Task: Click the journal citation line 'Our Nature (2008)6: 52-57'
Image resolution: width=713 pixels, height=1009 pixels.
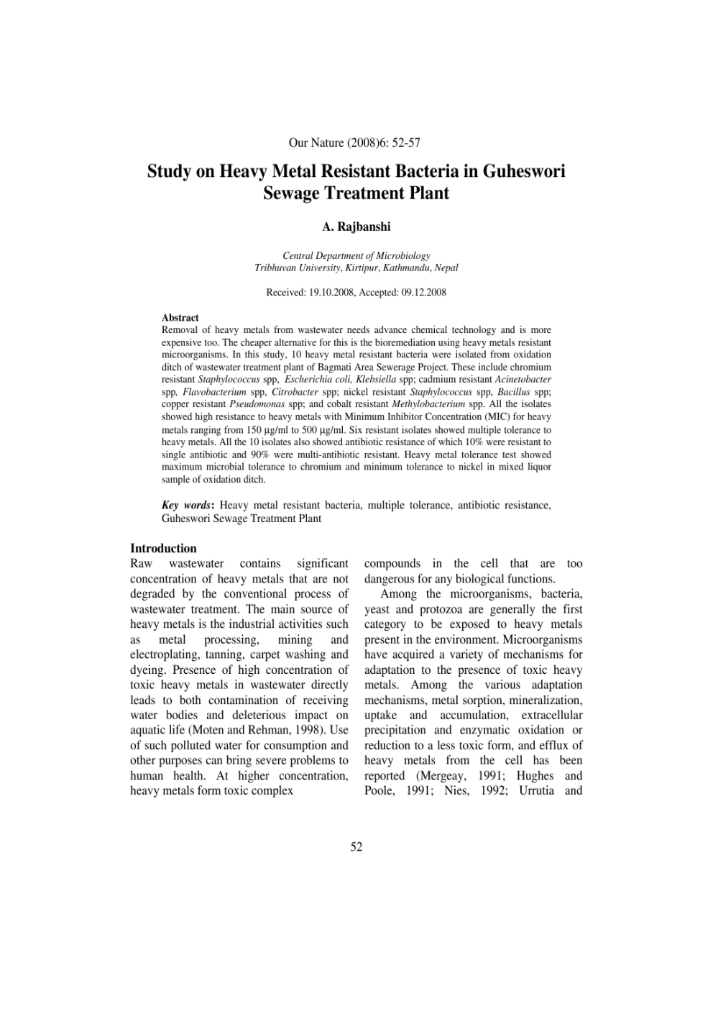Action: click(354, 143)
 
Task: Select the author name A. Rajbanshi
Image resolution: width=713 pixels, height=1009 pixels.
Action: click(356, 227)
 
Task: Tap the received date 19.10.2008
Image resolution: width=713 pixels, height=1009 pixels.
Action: click(328, 293)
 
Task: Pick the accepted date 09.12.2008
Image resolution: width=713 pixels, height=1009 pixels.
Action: click(420, 293)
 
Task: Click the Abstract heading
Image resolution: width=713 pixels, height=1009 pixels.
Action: click(180, 317)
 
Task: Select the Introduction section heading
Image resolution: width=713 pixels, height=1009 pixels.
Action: click(163, 548)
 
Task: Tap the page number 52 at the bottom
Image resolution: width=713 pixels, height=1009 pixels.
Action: click(356, 847)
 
